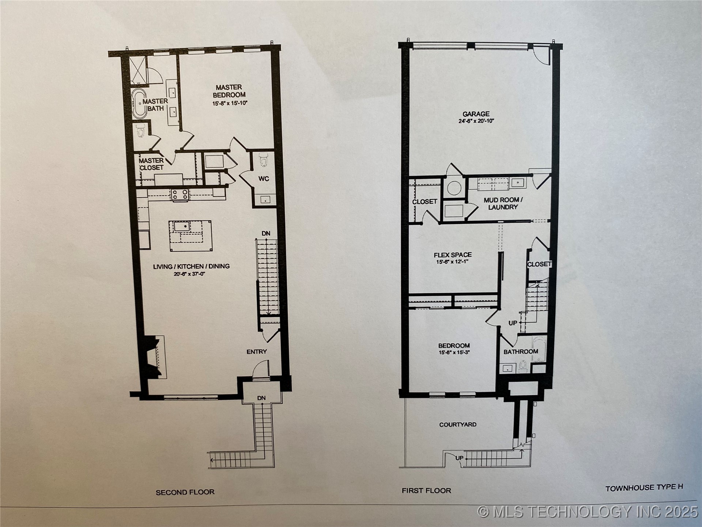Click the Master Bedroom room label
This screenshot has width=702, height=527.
point(229,91)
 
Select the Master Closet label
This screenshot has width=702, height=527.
point(151,164)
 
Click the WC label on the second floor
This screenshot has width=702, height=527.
point(264,179)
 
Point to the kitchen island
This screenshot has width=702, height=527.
point(190,236)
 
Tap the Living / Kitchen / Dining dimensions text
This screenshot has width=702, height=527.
point(189,274)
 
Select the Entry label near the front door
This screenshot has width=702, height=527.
point(257,352)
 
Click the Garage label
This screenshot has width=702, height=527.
point(476,114)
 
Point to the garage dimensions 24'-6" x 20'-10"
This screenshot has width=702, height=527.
point(476,121)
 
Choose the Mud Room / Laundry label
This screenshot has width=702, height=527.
point(503,203)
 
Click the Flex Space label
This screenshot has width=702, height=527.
point(453,255)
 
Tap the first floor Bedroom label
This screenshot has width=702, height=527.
point(454,345)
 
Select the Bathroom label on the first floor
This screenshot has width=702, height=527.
point(521,352)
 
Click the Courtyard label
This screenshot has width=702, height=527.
point(458,425)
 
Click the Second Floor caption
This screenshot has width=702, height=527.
point(185,492)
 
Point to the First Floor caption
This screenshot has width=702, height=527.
point(426,490)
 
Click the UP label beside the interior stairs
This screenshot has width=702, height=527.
point(513,323)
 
